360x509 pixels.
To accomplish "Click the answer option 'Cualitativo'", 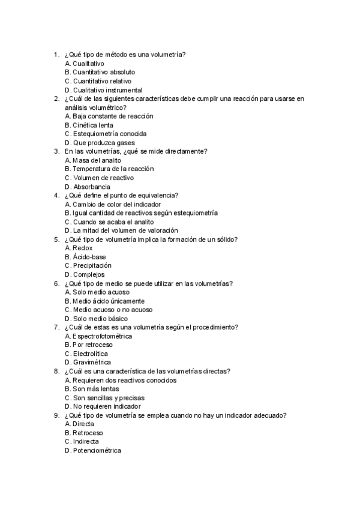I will [x=88, y=64].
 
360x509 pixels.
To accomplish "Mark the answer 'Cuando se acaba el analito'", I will [x=110, y=222].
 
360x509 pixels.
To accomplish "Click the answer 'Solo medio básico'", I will [x=100, y=319].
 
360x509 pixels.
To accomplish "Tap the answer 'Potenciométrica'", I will [x=97, y=450].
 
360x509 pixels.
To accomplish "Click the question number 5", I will [x=56, y=239].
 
